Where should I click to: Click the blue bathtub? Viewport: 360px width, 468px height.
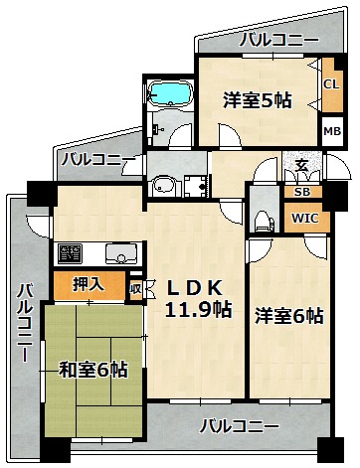click(170, 92)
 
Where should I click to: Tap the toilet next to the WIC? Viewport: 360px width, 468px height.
click(264, 222)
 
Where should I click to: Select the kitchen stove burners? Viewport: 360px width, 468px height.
click(70, 253)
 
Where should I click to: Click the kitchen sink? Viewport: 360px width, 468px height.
click(120, 253)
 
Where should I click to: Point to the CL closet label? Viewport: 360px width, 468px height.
click(332, 84)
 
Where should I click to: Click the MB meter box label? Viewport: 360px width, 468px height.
click(332, 131)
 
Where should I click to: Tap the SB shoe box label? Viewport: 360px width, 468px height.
click(302, 192)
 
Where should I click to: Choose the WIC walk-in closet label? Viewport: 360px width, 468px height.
click(305, 218)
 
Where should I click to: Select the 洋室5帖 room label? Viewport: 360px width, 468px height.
click(258, 99)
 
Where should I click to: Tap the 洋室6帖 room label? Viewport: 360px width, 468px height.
click(289, 316)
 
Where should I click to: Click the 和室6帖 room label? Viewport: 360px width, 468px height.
click(93, 370)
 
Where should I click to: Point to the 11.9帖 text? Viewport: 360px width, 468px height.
click(198, 310)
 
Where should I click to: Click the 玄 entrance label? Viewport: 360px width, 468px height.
click(301, 165)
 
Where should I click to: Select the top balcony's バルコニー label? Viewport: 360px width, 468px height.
click(279, 41)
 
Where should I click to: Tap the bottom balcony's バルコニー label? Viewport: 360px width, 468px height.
click(239, 426)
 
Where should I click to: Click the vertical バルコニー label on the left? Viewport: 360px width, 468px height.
click(25, 322)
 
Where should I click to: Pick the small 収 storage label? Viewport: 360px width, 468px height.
click(135, 289)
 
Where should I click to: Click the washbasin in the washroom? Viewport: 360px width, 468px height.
click(165, 186)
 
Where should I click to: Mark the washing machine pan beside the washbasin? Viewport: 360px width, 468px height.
click(196, 187)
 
